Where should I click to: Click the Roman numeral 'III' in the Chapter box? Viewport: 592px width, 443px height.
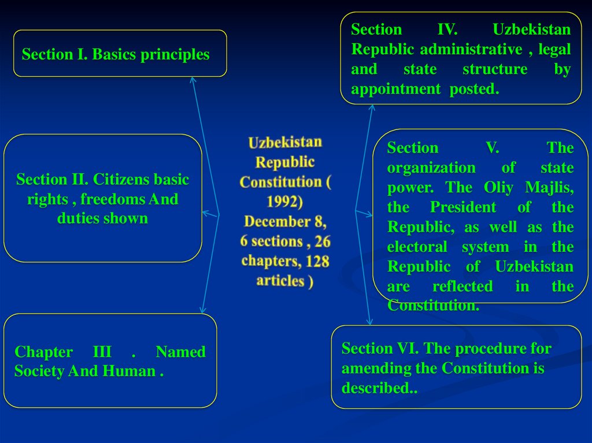(102, 352)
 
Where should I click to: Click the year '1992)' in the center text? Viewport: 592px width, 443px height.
(284, 202)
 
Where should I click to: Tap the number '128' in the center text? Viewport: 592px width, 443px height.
(317, 261)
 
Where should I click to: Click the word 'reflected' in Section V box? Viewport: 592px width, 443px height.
(462, 286)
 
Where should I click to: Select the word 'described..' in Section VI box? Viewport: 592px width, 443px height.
(379, 388)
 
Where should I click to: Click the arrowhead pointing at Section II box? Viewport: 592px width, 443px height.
(204, 213)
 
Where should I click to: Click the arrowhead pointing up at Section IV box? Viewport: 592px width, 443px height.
(372, 107)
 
